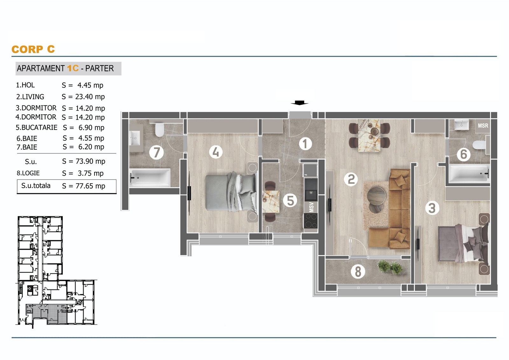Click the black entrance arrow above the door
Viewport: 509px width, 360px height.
click(x=299, y=103)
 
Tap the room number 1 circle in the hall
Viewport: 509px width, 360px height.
click(x=305, y=144)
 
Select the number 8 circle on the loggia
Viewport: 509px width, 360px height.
click(x=358, y=271)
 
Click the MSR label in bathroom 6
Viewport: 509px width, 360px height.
click(x=483, y=126)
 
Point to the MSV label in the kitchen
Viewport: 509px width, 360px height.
click(x=311, y=207)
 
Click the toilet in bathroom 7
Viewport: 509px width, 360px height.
click(x=159, y=130)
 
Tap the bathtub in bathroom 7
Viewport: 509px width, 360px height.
click(x=150, y=178)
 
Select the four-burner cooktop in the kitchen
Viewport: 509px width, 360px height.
click(x=310, y=220)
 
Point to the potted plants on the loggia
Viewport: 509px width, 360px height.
click(x=390, y=267)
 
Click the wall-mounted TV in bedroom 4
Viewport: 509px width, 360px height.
click(x=189, y=194)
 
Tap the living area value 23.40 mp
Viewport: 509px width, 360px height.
click(x=90, y=97)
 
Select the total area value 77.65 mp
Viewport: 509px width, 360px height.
click(x=90, y=186)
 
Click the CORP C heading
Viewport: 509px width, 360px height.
click(x=33, y=49)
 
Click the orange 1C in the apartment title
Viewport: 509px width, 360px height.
click(x=73, y=68)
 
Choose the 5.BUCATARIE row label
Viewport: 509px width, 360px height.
click(x=36, y=127)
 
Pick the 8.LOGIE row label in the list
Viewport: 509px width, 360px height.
click(x=28, y=173)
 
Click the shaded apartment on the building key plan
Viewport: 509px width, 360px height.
click(x=46, y=314)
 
